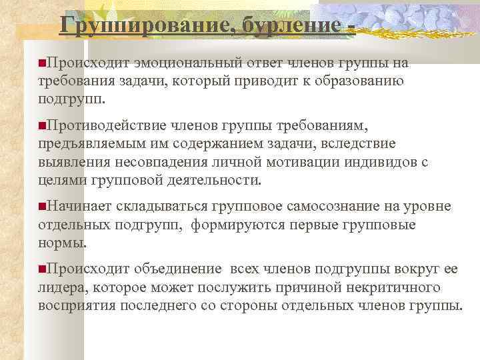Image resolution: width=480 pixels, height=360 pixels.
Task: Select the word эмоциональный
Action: pos(190,63)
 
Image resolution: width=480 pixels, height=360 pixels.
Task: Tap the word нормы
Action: pos(61,243)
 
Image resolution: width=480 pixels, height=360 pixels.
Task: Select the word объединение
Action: pos(177,269)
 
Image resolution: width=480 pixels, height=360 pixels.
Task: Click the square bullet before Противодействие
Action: pos(42,125)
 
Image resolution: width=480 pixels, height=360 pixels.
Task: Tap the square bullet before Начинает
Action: pos(42,207)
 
